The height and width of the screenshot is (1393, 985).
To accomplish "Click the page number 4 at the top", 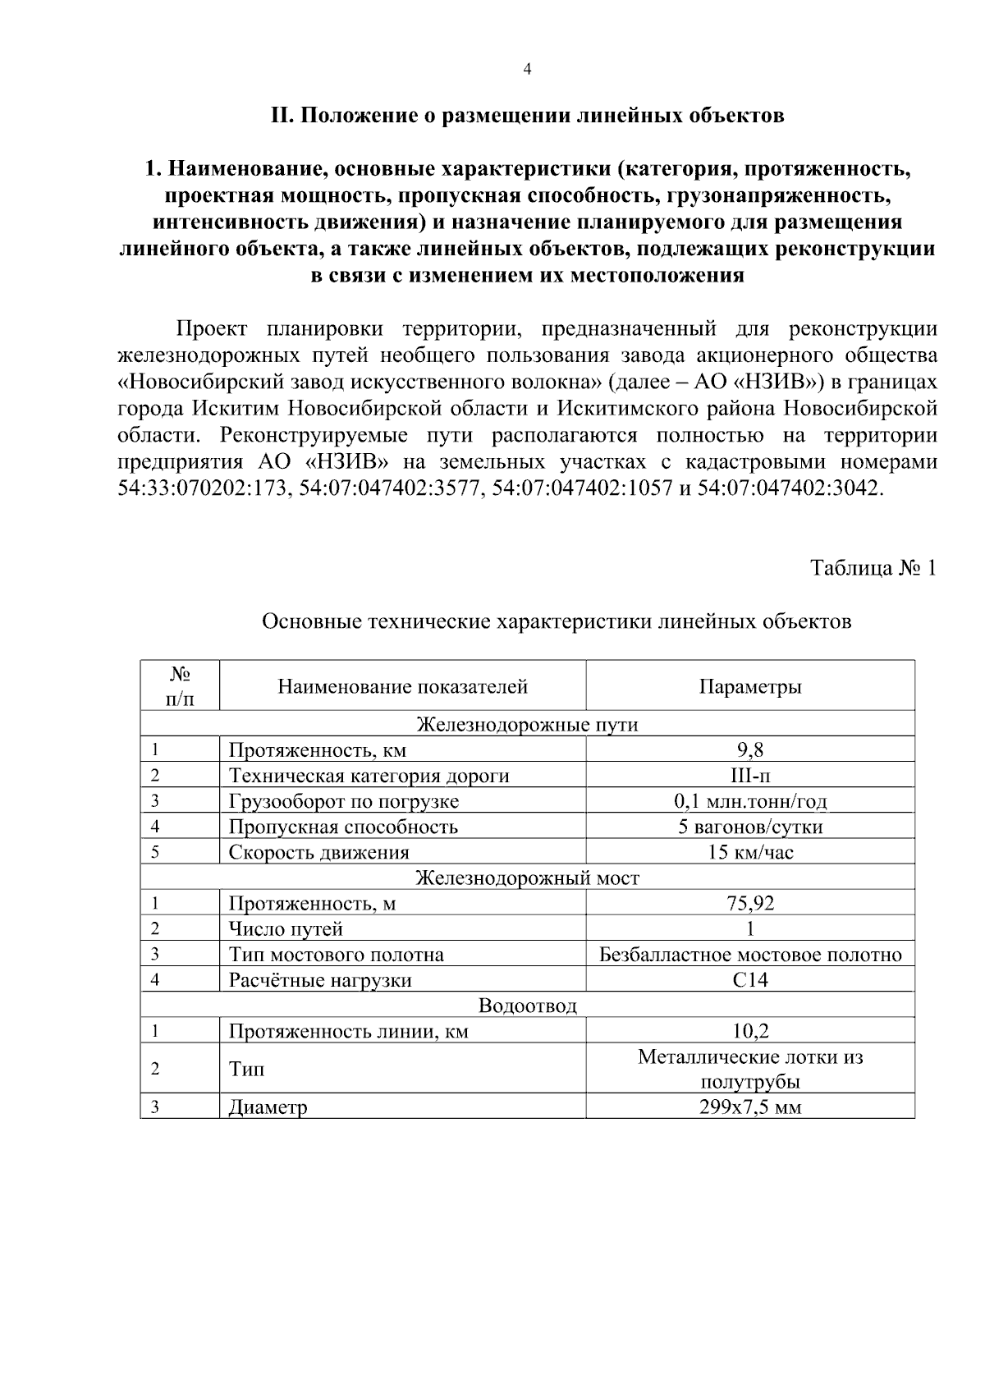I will pyautogui.click(x=527, y=70).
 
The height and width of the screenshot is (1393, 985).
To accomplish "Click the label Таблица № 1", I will pyautogui.click(x=873, y=568).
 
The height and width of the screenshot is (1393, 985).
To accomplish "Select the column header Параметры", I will pyautogui.click(x=749, y=686).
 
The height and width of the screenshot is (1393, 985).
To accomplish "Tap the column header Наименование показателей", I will pyautogui.click(x=402, y=686).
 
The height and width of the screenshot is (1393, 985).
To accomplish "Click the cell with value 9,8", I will pyautogui.click(x=749, y=749).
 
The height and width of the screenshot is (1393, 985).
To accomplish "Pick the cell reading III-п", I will pyautogui.click(x=749, y=775).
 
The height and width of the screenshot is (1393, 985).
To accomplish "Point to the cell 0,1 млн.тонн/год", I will pyautogui.click(x=749, y=800).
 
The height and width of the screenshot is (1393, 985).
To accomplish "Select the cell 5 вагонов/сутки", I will pyautogui.click(x=749, y=826).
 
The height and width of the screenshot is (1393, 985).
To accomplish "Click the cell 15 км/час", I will pyautogui.click(x=749, y=852).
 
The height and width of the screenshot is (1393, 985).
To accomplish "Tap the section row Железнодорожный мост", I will pyautogui.click(x=527, y=877).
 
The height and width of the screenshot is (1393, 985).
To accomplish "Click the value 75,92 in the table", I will pyautogui.click(x=749, y=903).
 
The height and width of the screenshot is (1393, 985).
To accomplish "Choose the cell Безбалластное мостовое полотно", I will pyautogui.click(x=749, y=954).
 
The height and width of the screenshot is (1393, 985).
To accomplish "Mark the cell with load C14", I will pyautogui.click(x=749, y=979).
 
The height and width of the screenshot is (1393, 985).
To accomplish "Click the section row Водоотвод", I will pyautogui.click(x=527, y=1005).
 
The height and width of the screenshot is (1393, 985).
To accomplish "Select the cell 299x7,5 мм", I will pyautogui.click(x=749, y=1107).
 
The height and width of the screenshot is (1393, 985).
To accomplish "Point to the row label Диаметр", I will pyautogui.click(x=268, y=1107).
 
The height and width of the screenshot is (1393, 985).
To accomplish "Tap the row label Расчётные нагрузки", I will pyautogui.click(x=319, y=979).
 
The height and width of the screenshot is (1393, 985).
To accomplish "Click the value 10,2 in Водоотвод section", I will pyautogui.click(x=749, y=1030).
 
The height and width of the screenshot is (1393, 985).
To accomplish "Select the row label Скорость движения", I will pyautogui.click(x=318, y=852).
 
